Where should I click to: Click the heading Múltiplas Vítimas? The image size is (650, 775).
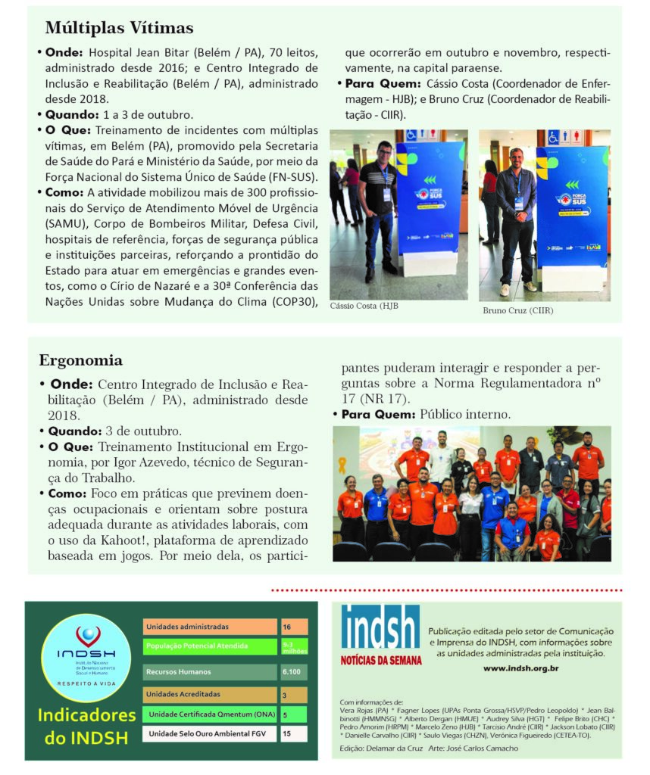[x=119, y=28]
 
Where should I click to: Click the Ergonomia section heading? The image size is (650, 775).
[x=80, y=360]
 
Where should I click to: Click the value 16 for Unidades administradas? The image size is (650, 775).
[x=288, y=627]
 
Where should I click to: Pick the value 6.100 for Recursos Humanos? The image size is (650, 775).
[x=292, y=671]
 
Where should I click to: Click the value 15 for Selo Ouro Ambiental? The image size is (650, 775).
[x=287, y=733]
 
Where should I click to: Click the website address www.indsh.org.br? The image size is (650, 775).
[x=520, y=668]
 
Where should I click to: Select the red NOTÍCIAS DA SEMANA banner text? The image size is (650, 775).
[x=380, y=660]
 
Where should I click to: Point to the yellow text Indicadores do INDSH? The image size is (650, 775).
[x=87, y=726]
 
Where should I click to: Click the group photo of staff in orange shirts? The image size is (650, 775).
[x=471, y=493]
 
